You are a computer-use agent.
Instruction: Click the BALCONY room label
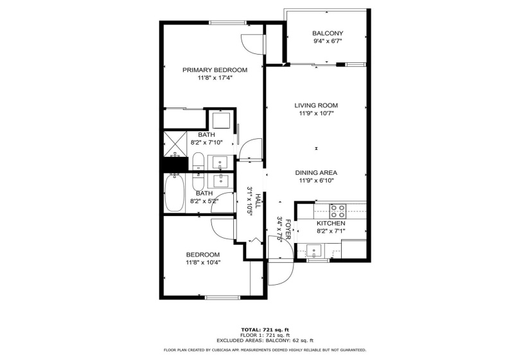(328, 33)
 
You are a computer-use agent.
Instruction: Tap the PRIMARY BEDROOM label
(215, 70)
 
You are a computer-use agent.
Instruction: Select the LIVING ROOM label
(316, 105)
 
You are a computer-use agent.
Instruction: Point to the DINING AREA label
(316, 172)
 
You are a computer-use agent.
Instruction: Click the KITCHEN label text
(331, 223)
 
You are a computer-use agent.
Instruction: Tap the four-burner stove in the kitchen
(338, 211)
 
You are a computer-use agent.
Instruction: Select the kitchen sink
(315, 251)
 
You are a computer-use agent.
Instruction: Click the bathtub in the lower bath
(174, 193)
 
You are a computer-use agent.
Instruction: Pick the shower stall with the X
(175, 145)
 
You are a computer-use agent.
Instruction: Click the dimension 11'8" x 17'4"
(215, 78)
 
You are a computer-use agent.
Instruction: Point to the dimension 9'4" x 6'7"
(328, 41)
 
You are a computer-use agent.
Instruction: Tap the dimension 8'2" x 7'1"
(331, 231)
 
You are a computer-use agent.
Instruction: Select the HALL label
(258, 201)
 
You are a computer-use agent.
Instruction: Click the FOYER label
(288, 229)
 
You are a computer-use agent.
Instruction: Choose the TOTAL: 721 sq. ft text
(265, 330)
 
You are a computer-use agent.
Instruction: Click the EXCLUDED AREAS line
(265, 340)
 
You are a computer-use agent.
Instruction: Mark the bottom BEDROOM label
(203, 255)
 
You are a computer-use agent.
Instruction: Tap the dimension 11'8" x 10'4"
(203, 262)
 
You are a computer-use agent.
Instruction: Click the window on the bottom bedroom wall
(223, 298)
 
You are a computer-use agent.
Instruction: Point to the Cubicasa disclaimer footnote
(265, 350)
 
